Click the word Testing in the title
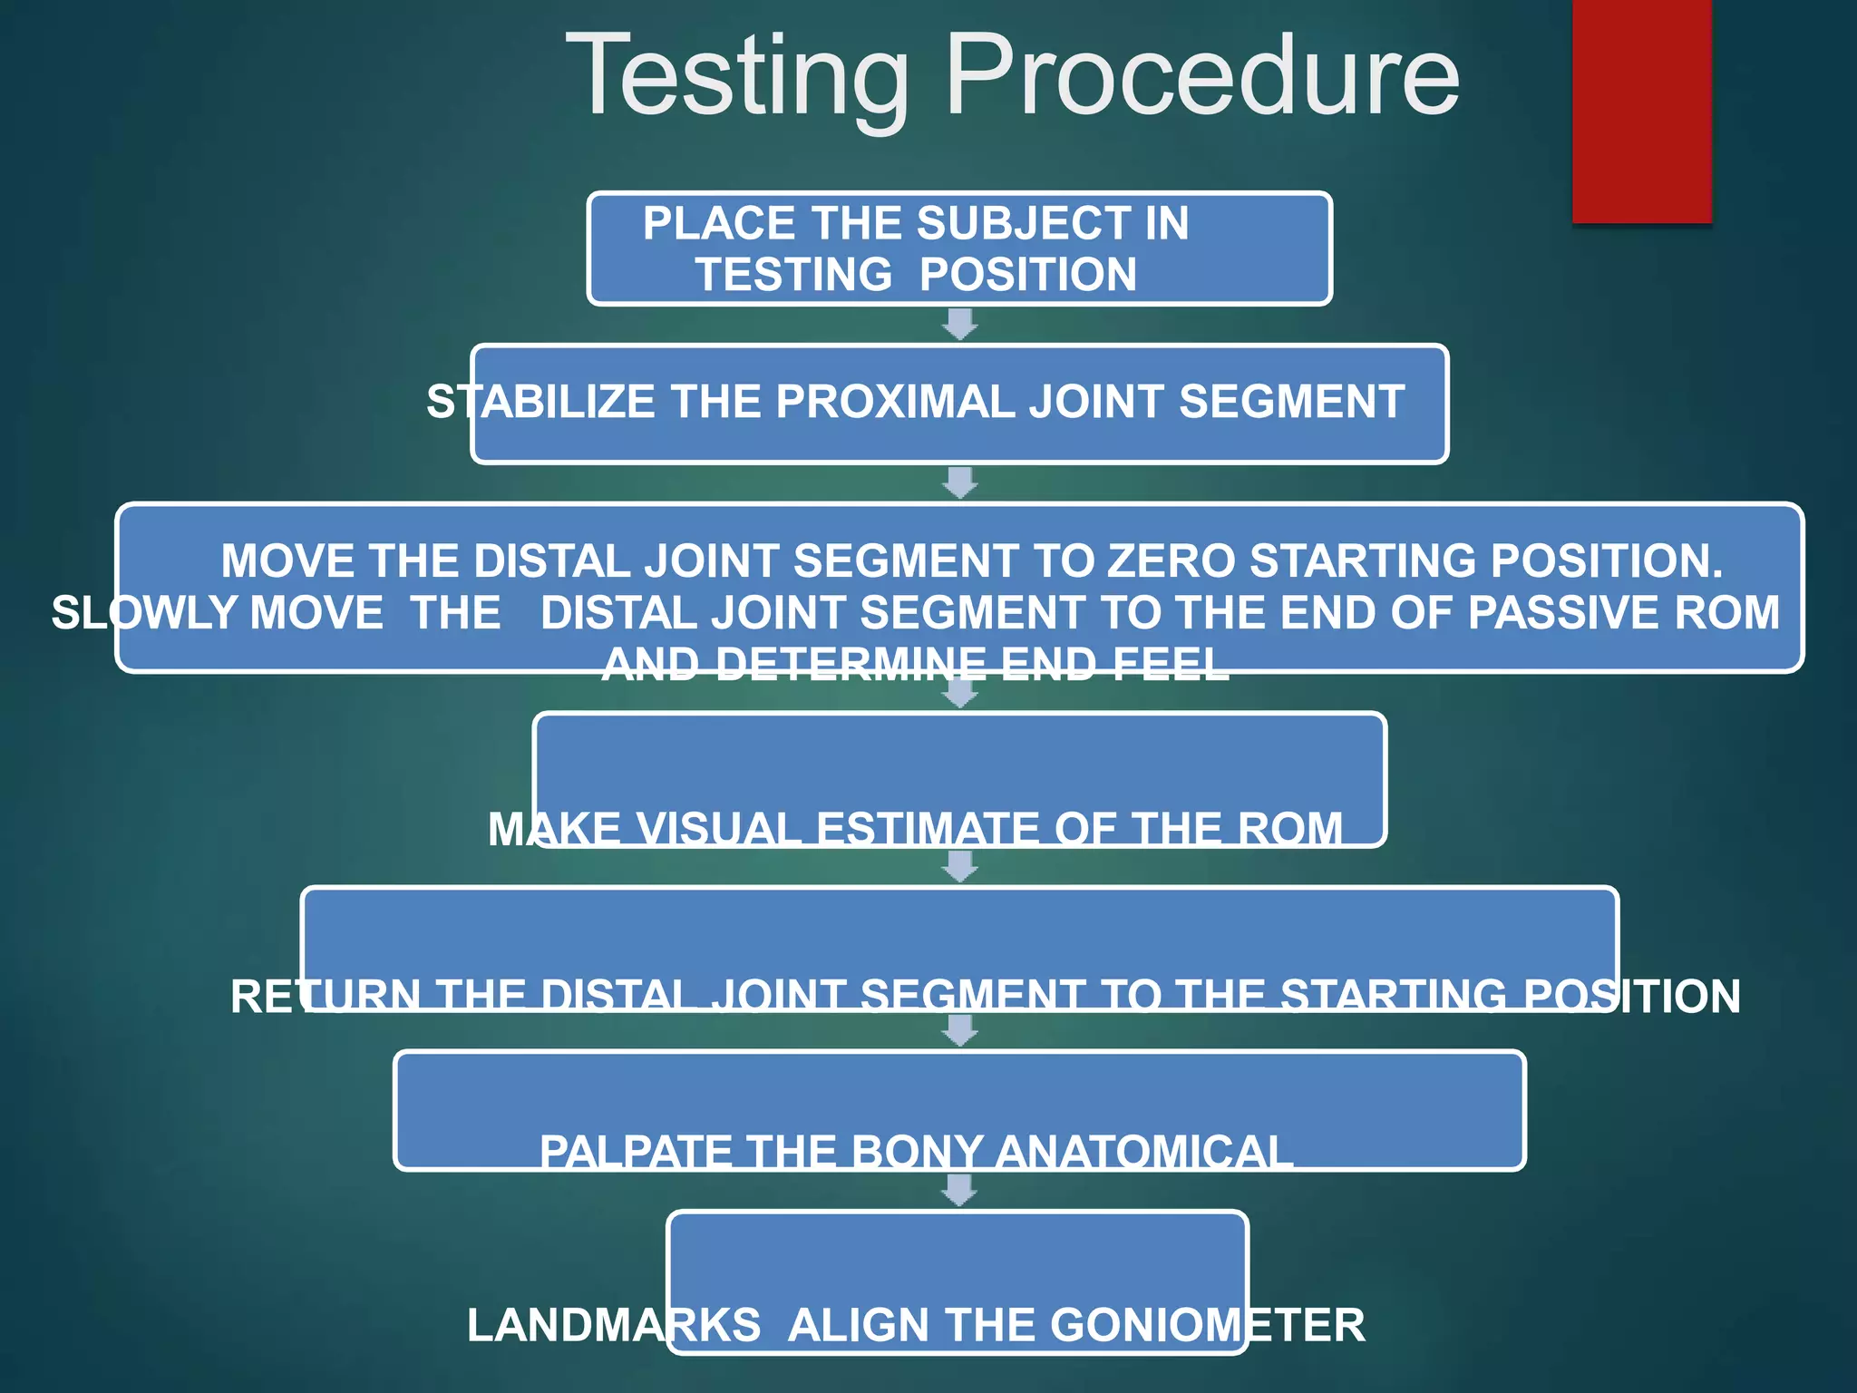point(736,77)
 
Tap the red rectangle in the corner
point(1641,109)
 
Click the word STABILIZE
point(540,402)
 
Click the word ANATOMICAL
point(1143,1153)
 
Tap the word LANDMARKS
point(614,1325)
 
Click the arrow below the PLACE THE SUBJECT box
point(959,324)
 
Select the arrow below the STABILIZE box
point(959,482)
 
